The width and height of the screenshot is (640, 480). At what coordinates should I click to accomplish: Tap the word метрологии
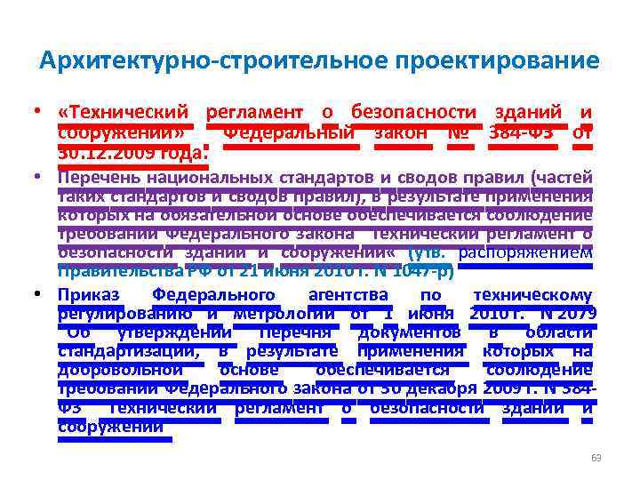pos(284,312)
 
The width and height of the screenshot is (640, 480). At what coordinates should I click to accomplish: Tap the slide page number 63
pos(596,458)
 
